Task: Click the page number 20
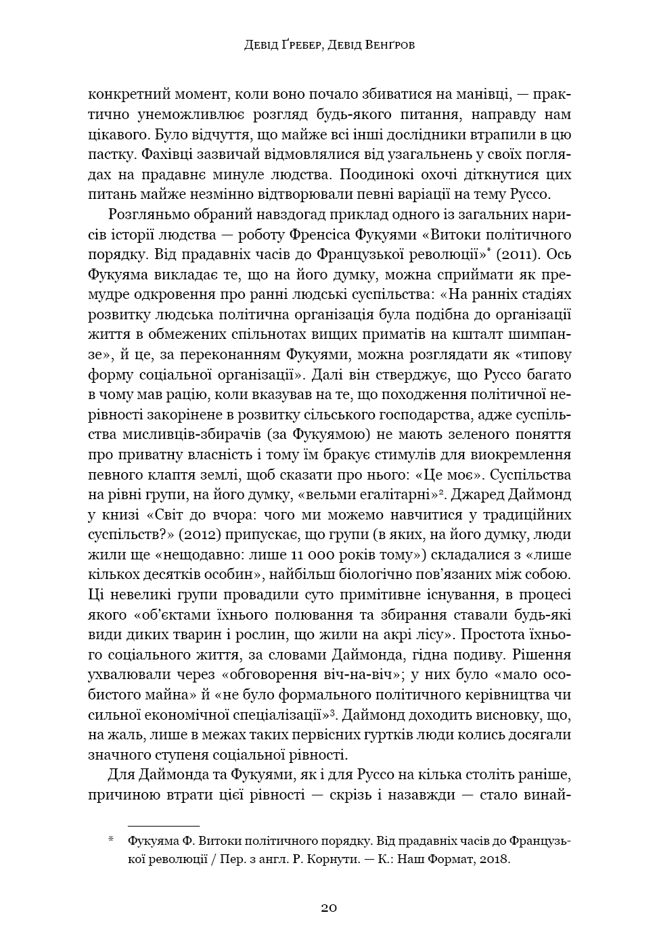[329, 908]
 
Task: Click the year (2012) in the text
[195, 534]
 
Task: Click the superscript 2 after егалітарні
[440, 492]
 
